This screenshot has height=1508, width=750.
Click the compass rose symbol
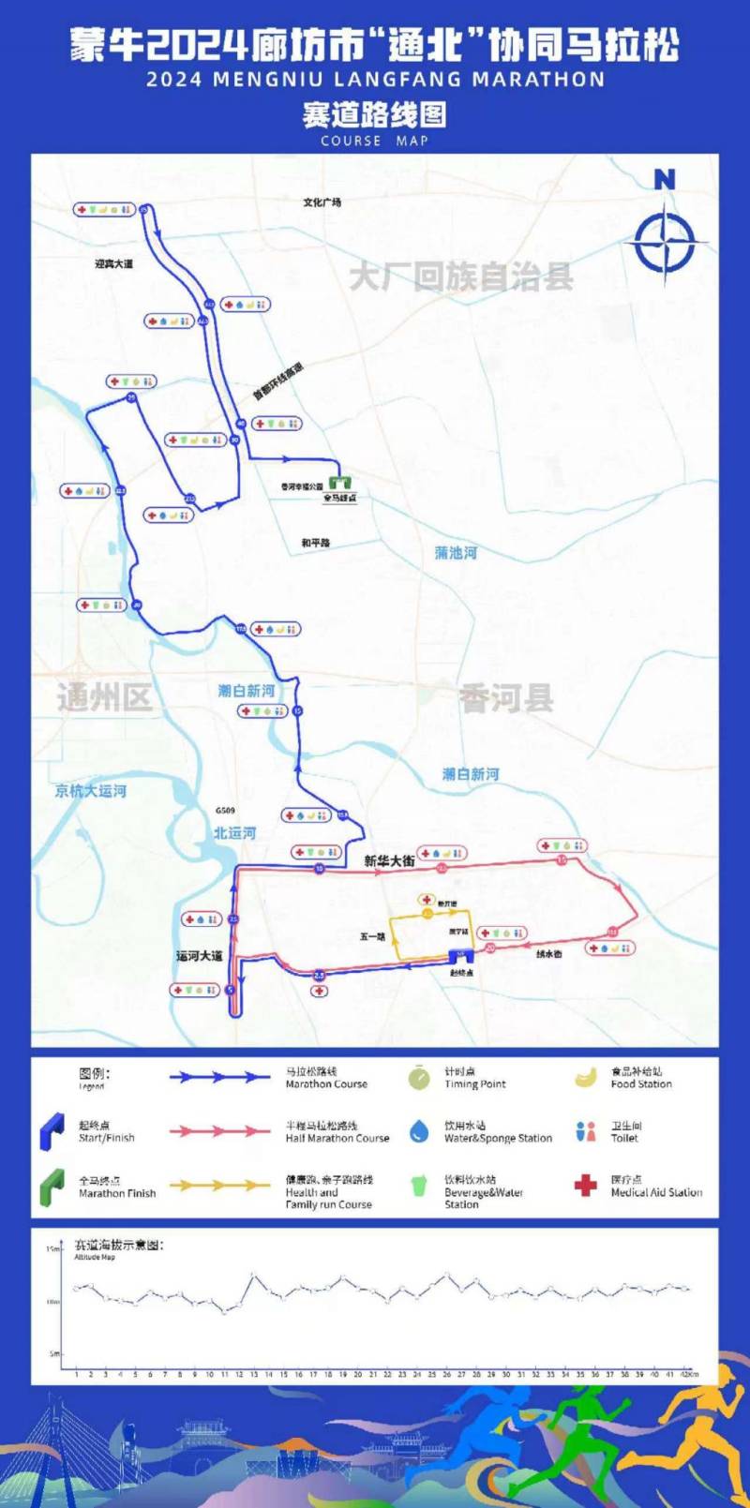coord(665,242)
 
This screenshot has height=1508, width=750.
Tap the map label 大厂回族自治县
coord(460,276)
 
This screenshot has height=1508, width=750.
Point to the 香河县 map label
coord(506,698)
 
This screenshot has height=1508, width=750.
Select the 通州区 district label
coord(104,697)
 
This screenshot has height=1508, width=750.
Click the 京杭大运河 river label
coord(90,791)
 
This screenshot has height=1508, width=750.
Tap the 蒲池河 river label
coord(456,553)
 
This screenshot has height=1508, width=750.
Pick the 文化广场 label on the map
coord(322,202)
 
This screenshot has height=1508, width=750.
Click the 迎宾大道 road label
coord(113,264)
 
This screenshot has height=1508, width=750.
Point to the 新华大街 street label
coord(389,860)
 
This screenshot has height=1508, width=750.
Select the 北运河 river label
coord(234,832)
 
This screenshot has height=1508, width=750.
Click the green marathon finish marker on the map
coord(339,481)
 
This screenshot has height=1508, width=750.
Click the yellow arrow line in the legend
coord(219,1186)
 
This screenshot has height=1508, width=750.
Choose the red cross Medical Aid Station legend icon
coord(586,1186)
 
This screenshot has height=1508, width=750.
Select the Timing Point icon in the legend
coord(419,1078)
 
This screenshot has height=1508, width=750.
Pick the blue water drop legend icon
coord(419,1131)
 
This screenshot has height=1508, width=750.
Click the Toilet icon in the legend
coord(586,1131)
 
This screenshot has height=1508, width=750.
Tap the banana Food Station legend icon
coord(586,1078)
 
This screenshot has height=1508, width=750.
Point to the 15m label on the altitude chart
coord(53,1249)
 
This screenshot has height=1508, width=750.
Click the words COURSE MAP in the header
coord(374,141)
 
